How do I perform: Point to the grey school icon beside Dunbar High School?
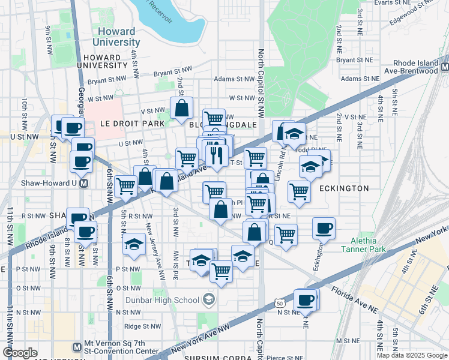tap(208, 299)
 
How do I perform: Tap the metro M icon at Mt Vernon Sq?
tap(76, 346)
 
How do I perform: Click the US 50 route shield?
tap(280, 304)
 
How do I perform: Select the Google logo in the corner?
tap(20, 352)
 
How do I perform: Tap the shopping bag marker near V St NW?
tap(181, 108)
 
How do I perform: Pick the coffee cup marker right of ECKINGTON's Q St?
tap(324, 228)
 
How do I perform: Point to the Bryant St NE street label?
tap(356, 60)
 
